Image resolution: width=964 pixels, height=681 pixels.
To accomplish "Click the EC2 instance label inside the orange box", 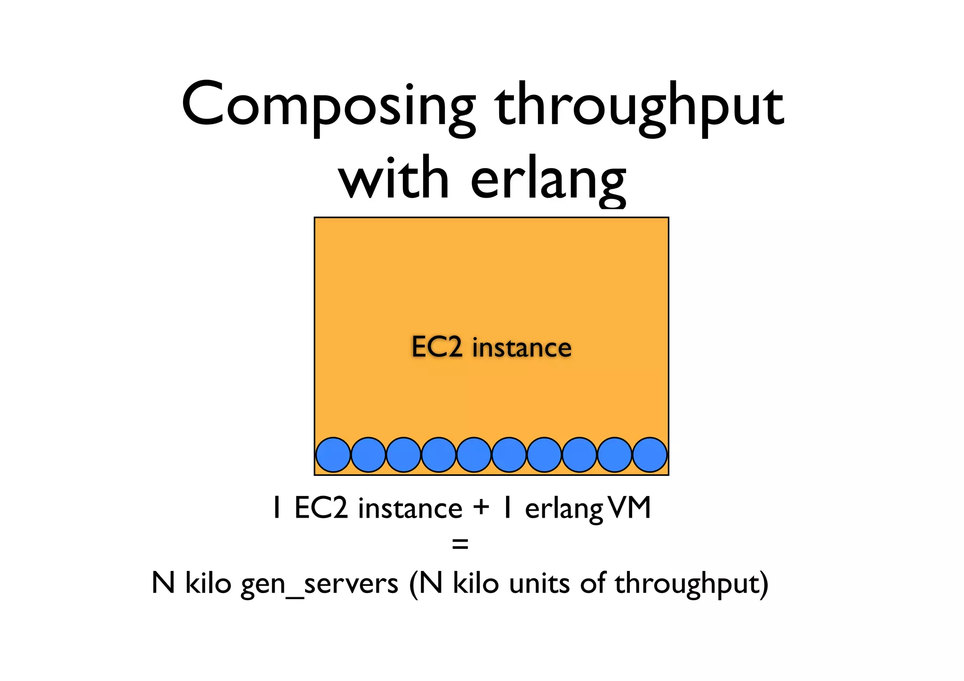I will [491, 347].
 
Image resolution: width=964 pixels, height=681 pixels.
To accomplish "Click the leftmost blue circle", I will [333, 455].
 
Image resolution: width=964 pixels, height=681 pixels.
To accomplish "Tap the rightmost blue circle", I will [650, 455].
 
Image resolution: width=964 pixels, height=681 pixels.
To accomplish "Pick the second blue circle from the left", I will [368, 455].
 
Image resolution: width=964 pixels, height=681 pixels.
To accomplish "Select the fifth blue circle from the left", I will [474, 455].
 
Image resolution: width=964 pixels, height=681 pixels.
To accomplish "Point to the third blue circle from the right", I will [579, 455].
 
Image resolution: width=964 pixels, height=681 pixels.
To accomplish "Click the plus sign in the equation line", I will [482, 508].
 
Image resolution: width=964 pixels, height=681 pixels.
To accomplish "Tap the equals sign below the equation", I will [460, 545].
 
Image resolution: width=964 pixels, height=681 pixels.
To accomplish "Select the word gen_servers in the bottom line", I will [320, 584].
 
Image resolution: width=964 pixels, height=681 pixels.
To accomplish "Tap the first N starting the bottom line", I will [163, 583].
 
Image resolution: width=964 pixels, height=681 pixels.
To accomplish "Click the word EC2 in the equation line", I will [321, 508].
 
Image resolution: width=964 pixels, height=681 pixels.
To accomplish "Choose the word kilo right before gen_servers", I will [208, 583].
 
